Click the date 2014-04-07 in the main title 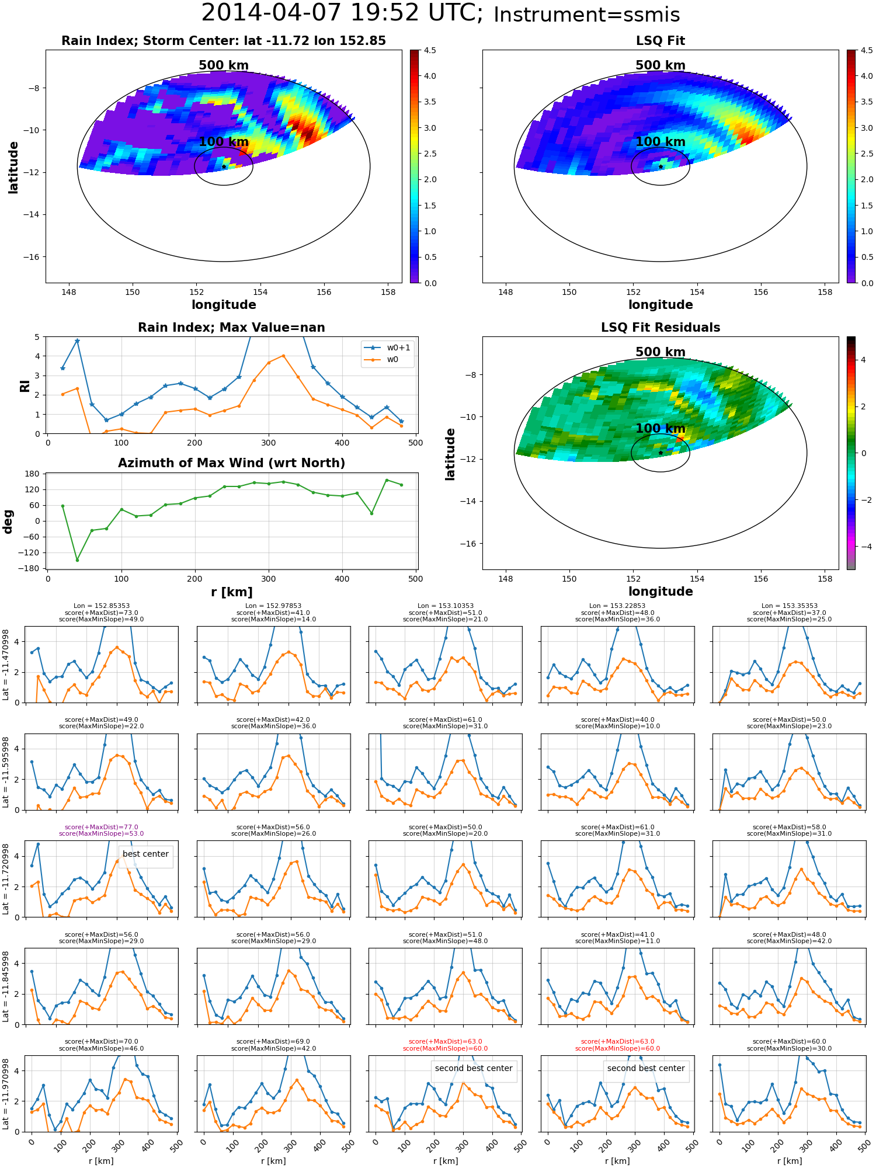pos(277,13)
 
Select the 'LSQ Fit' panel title pos(660,41)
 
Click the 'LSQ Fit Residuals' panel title pos(660,328)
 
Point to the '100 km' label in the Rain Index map pos(224,142)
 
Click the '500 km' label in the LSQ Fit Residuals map pos(660,352)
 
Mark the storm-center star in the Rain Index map pos(224,166)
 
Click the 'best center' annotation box pos(145,854)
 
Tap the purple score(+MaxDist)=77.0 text pos(101,827)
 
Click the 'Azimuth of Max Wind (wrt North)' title pos(231,463)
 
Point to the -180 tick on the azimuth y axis pos(32,568)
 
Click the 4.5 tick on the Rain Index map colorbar pos(430,51)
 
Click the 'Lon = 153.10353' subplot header pos(445,606)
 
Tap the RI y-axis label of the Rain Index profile pos(25,385)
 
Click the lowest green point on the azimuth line pos(77,560)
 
